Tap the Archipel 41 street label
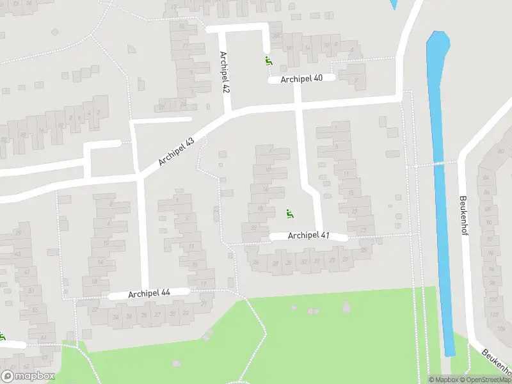pos(308,236)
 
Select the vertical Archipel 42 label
pos(224,73)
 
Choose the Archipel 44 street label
pos(149,294)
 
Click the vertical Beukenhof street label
pos(463,216)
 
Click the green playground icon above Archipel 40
pos(268,61)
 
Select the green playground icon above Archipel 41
pos(289,213)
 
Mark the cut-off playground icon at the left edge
pos(2,336)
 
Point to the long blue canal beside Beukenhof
pos(442,192)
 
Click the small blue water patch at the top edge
pos(392,4)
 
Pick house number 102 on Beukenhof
pos(493,315)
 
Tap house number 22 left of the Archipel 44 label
pos(95,310)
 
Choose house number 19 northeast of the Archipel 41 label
pos(355,212)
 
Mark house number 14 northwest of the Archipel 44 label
pos(100,262)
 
